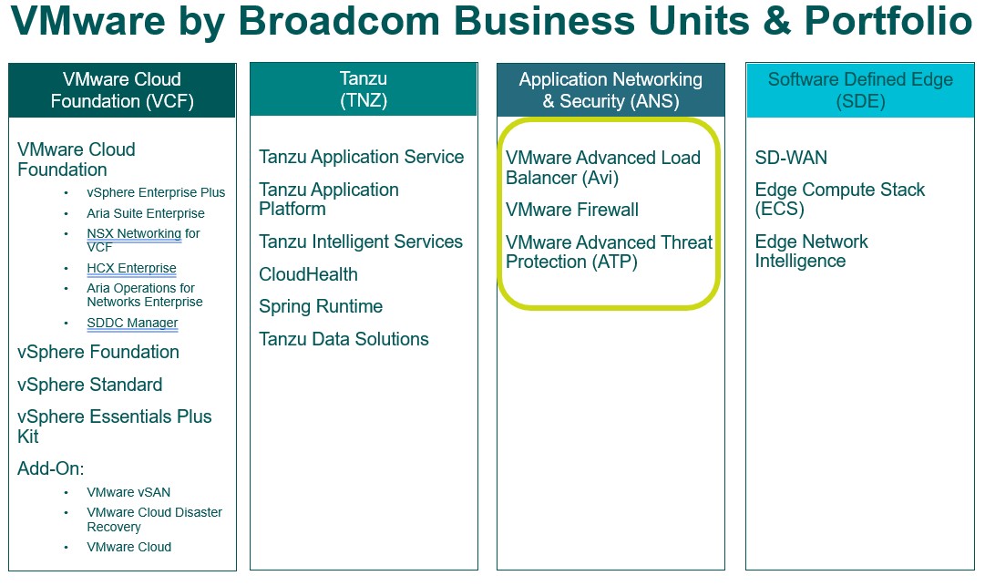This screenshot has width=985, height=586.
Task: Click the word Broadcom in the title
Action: [x=339, y=20]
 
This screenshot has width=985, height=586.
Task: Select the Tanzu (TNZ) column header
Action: [x=364, y=89]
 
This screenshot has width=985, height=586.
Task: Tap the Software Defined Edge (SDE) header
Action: [x=860, y=90]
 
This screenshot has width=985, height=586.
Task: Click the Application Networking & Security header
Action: [x=610, y=90]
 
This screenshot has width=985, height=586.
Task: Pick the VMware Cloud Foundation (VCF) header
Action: [x=122, y=90]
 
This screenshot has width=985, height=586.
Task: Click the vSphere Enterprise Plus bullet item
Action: [x=156, y=192]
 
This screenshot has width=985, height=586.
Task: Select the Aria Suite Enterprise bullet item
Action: [x=146, y=213]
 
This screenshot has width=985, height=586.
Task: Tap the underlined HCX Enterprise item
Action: [x=131, y=268]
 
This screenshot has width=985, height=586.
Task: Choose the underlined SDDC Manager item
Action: [x=132, y=323]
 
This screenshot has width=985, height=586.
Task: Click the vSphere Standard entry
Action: [x=90, y=385]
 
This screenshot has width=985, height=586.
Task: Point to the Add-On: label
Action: [x=51, y=468]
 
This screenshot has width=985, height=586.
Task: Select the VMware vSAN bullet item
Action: [x=128, y=492]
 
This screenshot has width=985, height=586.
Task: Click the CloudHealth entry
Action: [x=309, y=274]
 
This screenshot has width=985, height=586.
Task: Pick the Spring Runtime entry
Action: [x=321, y=306]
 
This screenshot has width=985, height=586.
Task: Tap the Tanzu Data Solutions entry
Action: [x=344, y=339]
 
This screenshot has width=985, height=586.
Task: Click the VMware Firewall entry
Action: [x=572, y=210]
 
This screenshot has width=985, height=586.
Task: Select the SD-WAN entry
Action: [x=791, y=158]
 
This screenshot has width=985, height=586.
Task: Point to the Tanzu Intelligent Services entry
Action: [x=361, y=242]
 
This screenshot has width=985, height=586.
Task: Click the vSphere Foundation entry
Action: [x=98, y=352]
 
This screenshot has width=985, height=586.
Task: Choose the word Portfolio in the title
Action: [x=889, y=20]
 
